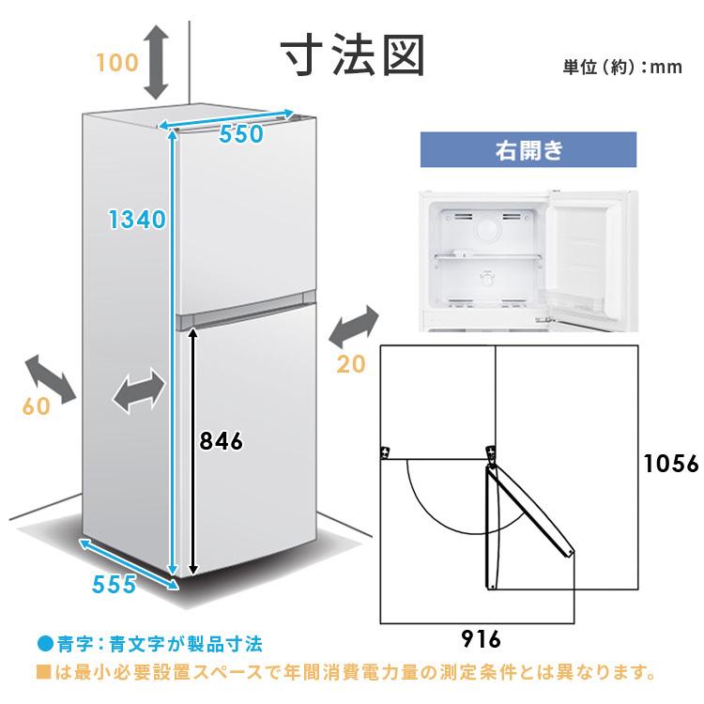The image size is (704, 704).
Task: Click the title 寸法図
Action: (x=353, y=55)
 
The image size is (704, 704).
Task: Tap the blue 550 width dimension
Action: (x=241, y=134)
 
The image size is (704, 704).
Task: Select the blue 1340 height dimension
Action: (x=137, y=220)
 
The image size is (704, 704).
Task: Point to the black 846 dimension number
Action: (x=222, y=441)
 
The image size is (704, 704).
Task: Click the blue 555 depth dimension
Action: (x=114, y=584)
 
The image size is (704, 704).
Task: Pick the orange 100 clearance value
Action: (x=117, y=62)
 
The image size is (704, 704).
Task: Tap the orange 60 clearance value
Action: (x=37, y=406)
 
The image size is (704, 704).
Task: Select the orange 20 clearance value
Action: (x=351, y=364)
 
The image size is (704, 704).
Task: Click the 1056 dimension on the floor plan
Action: (x=672, y=464)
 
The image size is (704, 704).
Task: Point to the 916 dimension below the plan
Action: (x=481, y=639)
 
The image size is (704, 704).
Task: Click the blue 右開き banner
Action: (x=528, y=149)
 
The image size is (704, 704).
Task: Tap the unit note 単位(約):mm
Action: (x=622, y=67)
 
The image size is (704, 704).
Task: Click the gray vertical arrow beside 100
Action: (x=156, y=62)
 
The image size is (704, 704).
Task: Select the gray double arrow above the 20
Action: (x=354, y=327)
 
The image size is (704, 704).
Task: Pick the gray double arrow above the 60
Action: (x=51, y=378)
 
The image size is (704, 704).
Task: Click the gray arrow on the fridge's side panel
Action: (x=139, y=390)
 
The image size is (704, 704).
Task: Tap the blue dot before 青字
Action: (x=45, y=644)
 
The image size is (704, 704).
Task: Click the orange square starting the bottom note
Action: (x=43, y=673)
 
